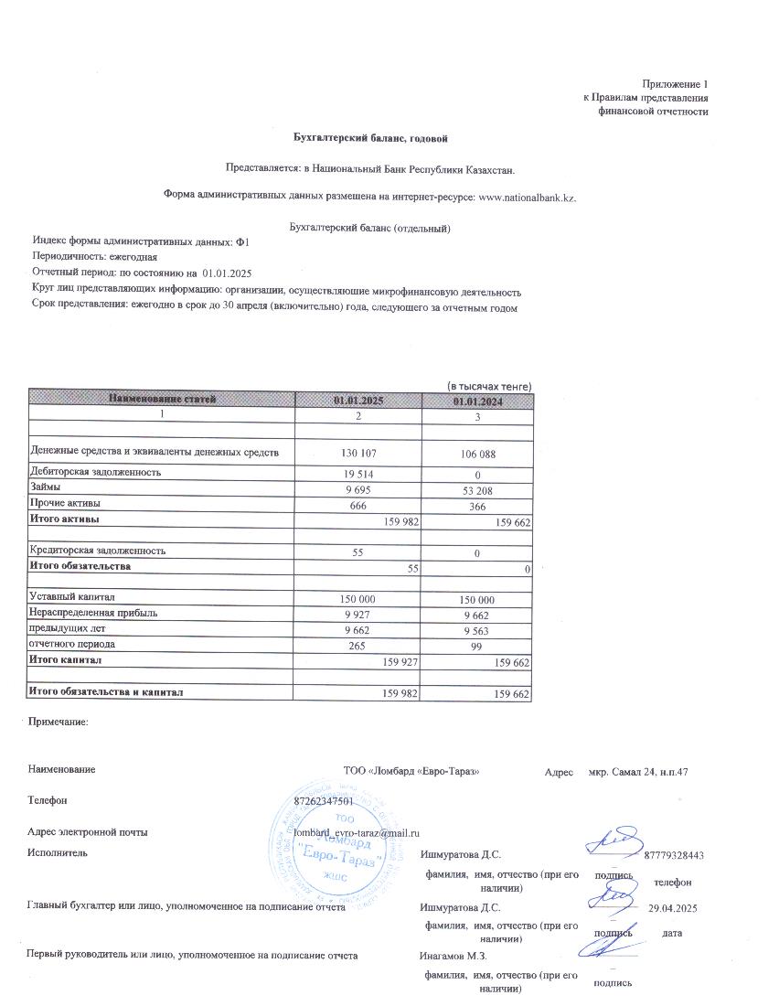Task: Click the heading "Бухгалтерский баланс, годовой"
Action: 369,138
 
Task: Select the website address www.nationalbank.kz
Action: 528,196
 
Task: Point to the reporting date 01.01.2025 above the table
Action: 227,273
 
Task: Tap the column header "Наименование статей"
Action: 163,399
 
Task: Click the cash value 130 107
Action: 358,453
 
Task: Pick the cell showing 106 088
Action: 475,453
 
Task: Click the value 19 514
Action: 358,473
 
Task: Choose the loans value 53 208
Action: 475,488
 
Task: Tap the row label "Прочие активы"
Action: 65,503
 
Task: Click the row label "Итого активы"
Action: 65,519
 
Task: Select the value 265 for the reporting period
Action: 358,645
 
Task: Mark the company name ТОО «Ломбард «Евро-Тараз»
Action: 411,771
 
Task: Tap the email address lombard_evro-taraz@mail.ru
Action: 357,832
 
